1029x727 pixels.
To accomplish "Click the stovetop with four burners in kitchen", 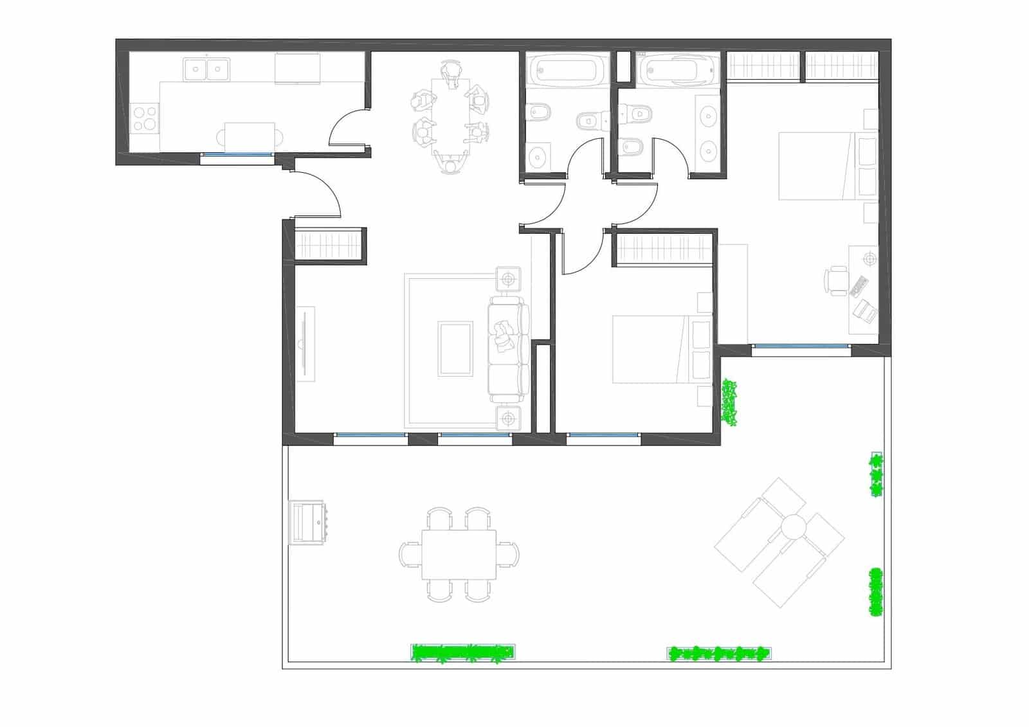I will (x=144, y=118).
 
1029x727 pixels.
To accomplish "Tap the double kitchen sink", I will (x=206, y=69).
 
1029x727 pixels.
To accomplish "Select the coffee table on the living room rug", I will (x=455, y=349).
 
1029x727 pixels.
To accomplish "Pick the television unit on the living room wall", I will (x=305, y=344).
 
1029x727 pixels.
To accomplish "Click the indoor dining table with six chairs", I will (x=450, y=112).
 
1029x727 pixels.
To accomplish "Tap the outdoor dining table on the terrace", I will (x=459, y=554).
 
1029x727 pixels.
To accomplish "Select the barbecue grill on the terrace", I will (x=307, y=522).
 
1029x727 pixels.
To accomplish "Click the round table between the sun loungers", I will (x=794, y=527).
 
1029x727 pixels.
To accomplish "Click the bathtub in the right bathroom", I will (x=678, y=68).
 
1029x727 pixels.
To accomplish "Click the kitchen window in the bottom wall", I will (x=237, y=155).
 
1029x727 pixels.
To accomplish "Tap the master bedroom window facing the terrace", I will (x=801, y=347).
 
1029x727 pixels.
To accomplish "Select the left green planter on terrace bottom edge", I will (x=463, y=653).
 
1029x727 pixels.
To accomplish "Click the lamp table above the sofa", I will (x=509, y=279).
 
